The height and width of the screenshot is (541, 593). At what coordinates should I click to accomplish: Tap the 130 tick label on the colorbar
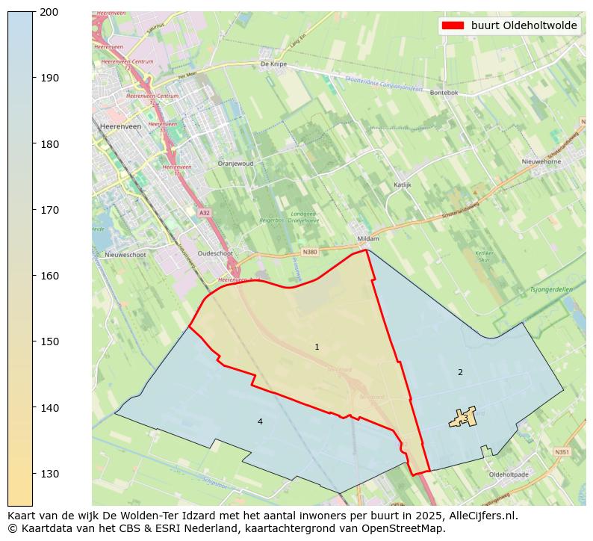pos(49,474)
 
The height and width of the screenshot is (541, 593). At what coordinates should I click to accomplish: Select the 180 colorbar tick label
pos(49,144)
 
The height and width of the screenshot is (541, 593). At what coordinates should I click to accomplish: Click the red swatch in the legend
pos(453,25)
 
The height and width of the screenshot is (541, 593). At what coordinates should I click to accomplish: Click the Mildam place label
pos(369,238)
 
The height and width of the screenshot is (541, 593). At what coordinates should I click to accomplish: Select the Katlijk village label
pos(403,184)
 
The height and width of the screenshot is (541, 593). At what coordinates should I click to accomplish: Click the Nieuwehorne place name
pos(541,161)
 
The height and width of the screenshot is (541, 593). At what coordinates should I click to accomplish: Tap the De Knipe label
pos(274,64)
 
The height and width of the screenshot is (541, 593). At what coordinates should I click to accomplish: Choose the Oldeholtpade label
pos(508,474)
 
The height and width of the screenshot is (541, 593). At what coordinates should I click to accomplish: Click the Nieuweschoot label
pos(125,254)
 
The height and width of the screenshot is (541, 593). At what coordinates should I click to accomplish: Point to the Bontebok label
pos(444,93)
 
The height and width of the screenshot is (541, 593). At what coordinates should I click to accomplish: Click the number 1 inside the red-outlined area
pos(317,347)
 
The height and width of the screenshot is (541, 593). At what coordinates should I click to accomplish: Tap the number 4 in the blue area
pos(260,422)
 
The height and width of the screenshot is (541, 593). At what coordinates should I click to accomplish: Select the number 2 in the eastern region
pos(460,372)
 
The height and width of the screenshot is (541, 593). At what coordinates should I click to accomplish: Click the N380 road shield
pos(311,252)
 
